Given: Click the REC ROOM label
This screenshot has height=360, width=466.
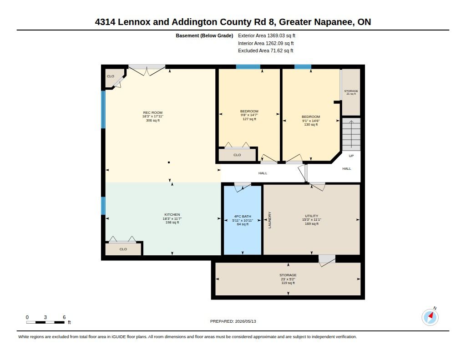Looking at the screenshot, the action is [153, 116].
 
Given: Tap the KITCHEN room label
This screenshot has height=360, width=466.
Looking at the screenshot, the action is [172, 218].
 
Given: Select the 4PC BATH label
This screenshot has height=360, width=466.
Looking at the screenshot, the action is [243, 220].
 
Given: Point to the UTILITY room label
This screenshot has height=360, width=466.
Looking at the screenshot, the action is [311, 220].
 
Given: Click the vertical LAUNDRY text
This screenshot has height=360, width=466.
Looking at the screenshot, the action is [270, 220].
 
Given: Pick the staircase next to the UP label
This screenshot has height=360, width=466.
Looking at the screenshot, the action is [351, 134].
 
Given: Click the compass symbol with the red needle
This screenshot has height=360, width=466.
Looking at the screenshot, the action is [430, 317].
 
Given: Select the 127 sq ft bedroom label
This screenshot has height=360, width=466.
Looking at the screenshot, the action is [249, 115].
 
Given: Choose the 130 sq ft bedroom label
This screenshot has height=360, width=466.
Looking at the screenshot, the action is [311, 121].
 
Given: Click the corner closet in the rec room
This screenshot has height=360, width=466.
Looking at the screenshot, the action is [113, 78].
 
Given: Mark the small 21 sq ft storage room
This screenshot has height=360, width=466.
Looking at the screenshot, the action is [351, 92].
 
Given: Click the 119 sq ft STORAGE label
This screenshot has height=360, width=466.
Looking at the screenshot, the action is [288, 279].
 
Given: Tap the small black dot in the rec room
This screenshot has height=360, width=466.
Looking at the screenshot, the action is [169, 162].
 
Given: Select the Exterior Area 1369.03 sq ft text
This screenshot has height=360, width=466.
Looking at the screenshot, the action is [267, 35].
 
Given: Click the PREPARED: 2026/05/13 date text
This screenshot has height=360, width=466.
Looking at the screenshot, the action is [233, 321].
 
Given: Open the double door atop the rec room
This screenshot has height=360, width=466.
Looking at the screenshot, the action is [147, 70].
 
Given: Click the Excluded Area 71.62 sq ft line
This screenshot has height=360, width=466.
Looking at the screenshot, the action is [266, 51].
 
